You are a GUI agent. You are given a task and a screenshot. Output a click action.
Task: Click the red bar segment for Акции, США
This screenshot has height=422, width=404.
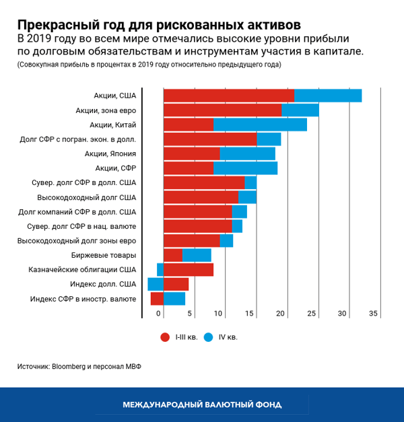229,96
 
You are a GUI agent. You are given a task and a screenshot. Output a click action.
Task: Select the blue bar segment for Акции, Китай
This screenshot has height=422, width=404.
260,125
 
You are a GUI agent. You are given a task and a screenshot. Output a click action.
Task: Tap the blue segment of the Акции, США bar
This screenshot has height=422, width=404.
328,96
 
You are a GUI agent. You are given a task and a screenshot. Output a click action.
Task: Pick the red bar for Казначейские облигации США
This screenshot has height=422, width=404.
189,270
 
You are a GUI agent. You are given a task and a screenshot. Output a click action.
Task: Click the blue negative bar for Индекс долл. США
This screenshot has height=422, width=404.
156,284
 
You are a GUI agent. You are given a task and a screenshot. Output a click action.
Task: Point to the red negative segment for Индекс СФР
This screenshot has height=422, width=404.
157,299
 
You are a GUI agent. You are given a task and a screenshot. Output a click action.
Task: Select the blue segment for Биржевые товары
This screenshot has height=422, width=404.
197,255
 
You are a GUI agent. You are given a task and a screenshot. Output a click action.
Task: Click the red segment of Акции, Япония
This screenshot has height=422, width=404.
192,153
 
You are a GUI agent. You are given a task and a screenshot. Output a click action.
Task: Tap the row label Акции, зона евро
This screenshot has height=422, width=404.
106,110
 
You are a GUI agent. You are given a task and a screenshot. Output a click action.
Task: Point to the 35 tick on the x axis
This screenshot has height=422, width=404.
374,314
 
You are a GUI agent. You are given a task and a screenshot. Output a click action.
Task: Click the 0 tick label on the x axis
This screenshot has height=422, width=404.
160,314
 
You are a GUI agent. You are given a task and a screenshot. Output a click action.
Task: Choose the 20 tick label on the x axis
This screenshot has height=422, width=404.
281,314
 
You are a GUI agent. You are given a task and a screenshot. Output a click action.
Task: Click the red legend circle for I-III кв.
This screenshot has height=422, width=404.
164,337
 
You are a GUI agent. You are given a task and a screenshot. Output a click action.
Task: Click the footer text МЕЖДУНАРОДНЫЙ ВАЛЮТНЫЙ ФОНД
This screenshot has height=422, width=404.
202,405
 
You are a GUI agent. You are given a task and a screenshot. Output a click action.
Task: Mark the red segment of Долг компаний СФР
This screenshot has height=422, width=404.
198,212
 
